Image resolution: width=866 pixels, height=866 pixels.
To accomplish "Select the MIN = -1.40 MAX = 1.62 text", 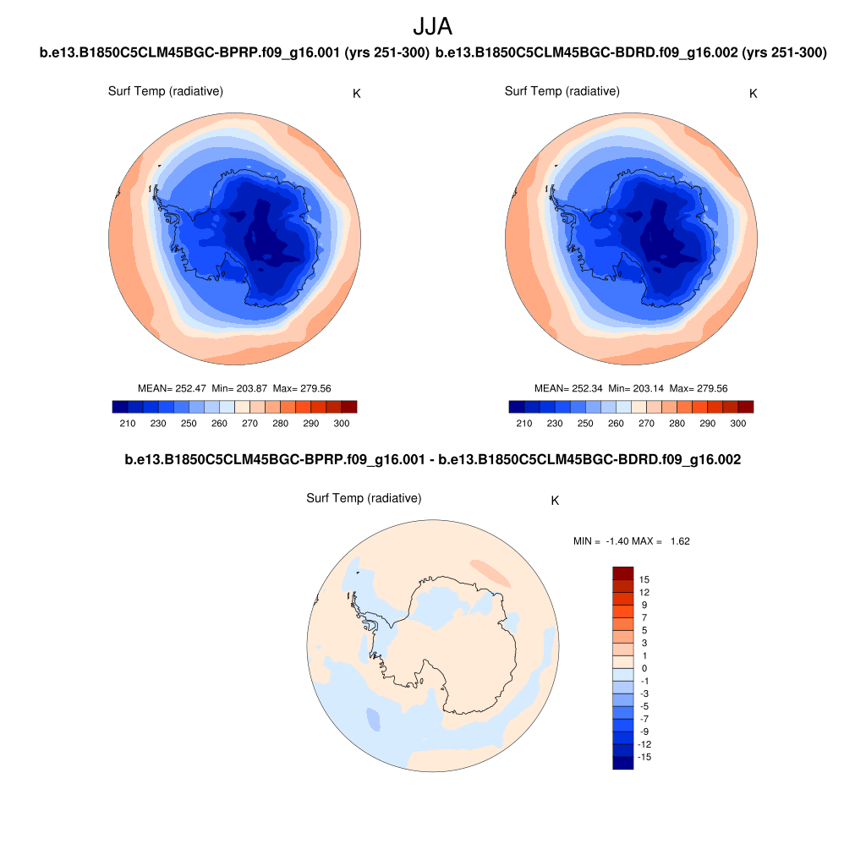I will coord(631,541).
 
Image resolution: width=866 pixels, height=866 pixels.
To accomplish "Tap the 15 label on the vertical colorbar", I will coord(644,579).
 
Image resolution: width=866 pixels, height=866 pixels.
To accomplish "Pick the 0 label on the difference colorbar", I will coord(644,668).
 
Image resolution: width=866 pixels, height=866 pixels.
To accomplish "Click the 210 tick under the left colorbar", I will coord(128,423).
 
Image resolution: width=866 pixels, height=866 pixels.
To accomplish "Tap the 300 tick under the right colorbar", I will coord(737,423).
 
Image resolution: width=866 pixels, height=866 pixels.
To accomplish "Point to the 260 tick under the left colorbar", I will coord(219,423).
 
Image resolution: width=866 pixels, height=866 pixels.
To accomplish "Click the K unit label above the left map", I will coord(357,93).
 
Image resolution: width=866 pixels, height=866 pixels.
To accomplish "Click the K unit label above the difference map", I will coord(555,501).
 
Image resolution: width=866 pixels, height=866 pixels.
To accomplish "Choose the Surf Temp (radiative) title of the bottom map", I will coord(364,499).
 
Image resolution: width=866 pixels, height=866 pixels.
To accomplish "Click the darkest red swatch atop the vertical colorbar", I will coord(622,573).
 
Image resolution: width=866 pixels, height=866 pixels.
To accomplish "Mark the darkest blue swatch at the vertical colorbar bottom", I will coord(622,763).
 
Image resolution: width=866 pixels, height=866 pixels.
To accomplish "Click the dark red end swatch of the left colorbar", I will coord(349,407).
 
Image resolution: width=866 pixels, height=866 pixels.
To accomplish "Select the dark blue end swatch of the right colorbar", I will coord(517,407).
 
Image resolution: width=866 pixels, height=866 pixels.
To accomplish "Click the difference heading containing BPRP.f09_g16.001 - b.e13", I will coord(432,460).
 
